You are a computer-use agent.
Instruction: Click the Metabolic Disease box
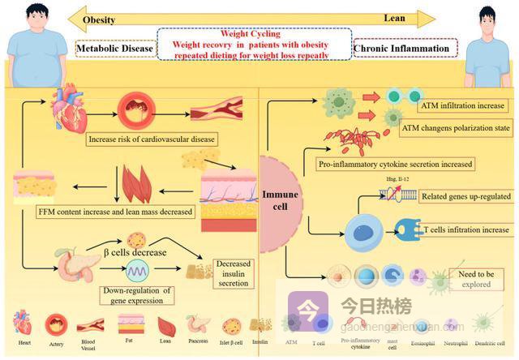(115, 49)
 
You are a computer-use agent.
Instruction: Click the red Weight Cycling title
(251, 34)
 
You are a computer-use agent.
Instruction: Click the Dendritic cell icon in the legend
(484, 324)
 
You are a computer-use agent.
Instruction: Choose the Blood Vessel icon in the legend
(90, 326)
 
